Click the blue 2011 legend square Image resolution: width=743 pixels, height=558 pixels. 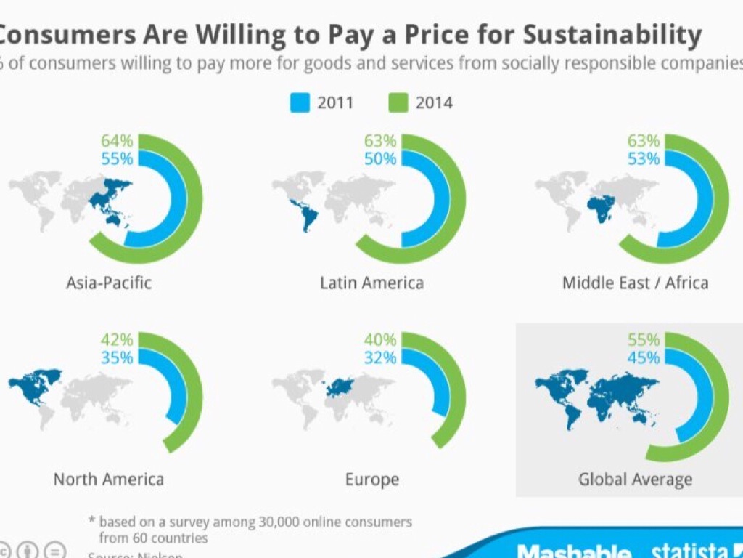(299, 102)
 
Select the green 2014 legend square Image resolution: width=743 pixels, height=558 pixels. (397, 102)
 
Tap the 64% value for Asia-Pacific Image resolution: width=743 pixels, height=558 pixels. (116, 141)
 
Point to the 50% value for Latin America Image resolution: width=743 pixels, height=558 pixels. (380, 159)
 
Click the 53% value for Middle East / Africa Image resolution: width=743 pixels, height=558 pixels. (644, 159)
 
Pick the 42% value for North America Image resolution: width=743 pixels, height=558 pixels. (116, 339)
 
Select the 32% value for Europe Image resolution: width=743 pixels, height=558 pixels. (380, 357)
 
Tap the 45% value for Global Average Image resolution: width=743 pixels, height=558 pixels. (644, 357)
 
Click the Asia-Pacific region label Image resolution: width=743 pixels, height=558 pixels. (109, 283)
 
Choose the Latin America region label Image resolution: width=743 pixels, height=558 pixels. (371, 283)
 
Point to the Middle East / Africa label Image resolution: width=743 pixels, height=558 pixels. (635, 283)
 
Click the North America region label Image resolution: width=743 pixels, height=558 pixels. (109, 480)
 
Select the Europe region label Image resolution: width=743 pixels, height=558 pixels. (371, 480)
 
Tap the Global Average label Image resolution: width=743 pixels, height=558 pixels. (635, 480)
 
